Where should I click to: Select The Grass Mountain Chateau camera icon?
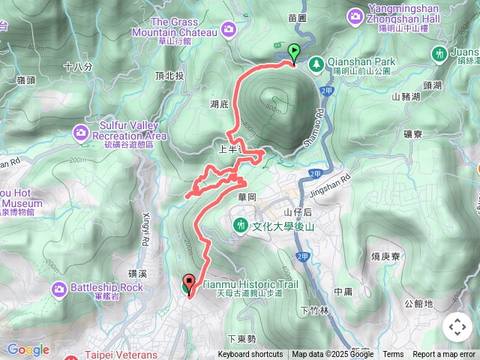pos(228,28)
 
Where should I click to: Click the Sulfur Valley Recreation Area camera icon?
pos(80,133)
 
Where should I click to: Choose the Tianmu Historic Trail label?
pos(250,285)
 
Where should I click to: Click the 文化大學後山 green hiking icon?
pos(241,224)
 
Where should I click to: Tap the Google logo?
pos(28,349)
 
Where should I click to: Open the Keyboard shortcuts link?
pos(250,355)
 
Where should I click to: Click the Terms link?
pos(393,355)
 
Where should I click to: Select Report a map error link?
pos(444,355)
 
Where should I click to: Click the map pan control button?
pos(457,327)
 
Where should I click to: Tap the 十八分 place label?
pos(78,67)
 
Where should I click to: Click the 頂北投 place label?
pos(169,76)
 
